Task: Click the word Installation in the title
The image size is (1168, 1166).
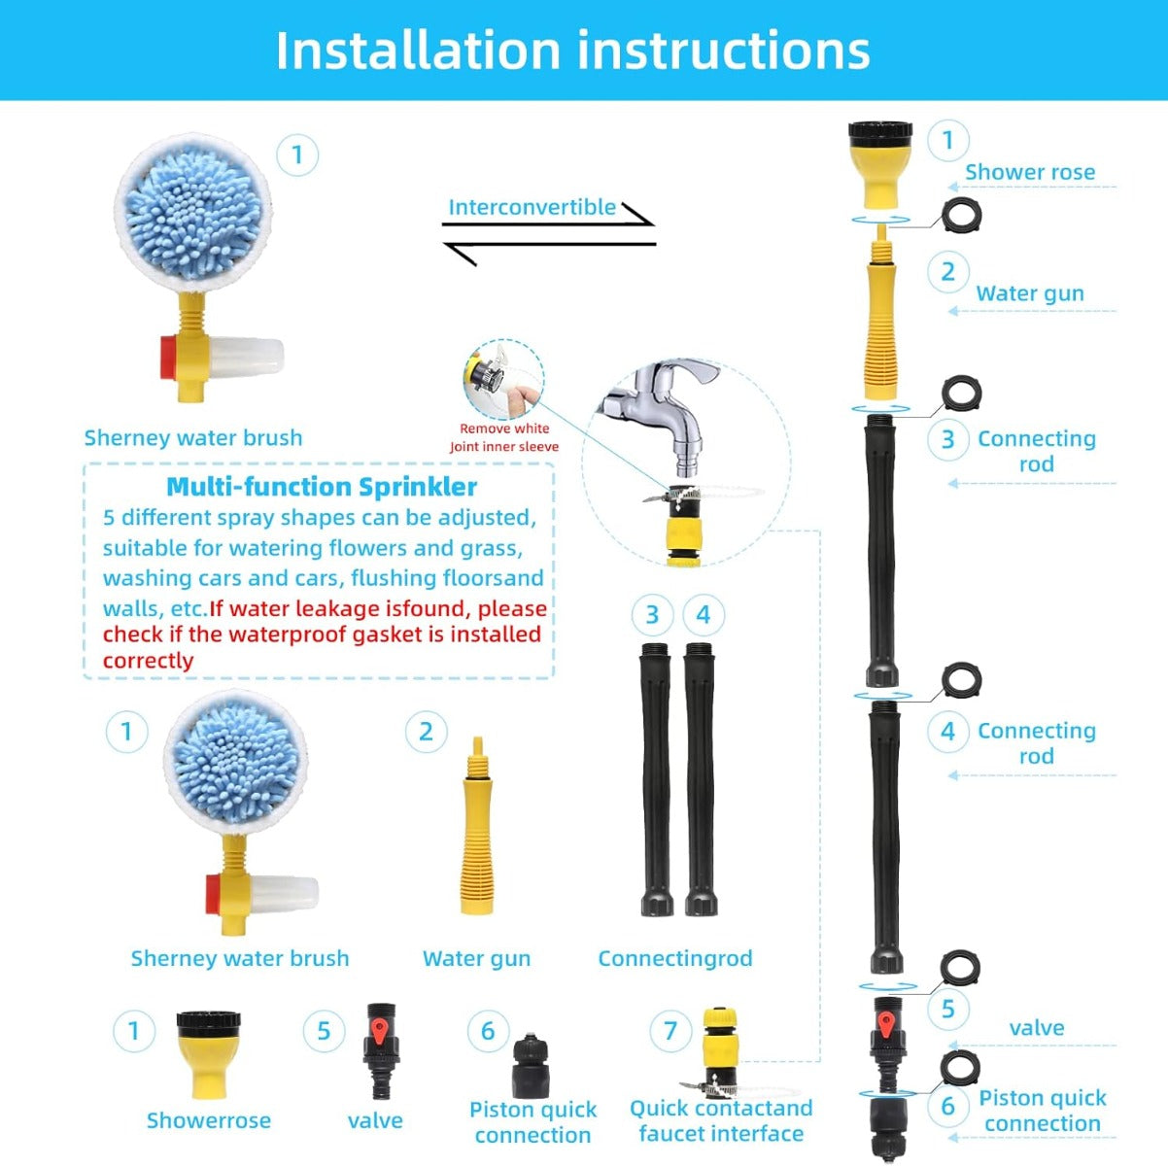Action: pyautogui.click(x=418, y=51)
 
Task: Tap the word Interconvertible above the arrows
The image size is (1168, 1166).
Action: pyautogui.click(x=532, y=207)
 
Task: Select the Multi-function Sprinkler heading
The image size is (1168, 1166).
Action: pyautogui.click(x=322, y=486)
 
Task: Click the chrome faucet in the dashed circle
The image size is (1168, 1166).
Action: pyautogui.click(x=661, y=412)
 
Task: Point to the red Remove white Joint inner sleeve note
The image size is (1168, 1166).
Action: pyautogui.click(x=503, y=437)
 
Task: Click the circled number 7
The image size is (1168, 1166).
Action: pyautogui.click(x=670, y=1031)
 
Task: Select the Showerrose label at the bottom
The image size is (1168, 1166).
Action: pyautogui.click(x=209, y=1120)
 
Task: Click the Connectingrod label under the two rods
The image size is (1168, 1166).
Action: pyautogui.click(x=674, y=958)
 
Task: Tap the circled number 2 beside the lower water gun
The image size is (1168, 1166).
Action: pyautogui.click(x=427, y=732)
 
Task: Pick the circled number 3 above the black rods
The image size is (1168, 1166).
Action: pyautogui.click(x=652, y=615)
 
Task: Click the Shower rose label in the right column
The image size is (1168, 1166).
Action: pyautogui.click(x=1030, y=172)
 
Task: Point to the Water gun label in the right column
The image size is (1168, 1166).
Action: pyautogui.click(x=1030, y=293)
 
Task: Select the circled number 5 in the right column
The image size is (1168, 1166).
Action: pyautogui.click(x=948, y=1010)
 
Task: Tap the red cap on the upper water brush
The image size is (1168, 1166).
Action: pyautogui.click(x=168, y=358)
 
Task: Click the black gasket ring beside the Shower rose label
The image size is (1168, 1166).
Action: pyautogui.click(x=961, y=215)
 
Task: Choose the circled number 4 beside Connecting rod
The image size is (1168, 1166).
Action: pyautogui.click(x=948, y=732)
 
